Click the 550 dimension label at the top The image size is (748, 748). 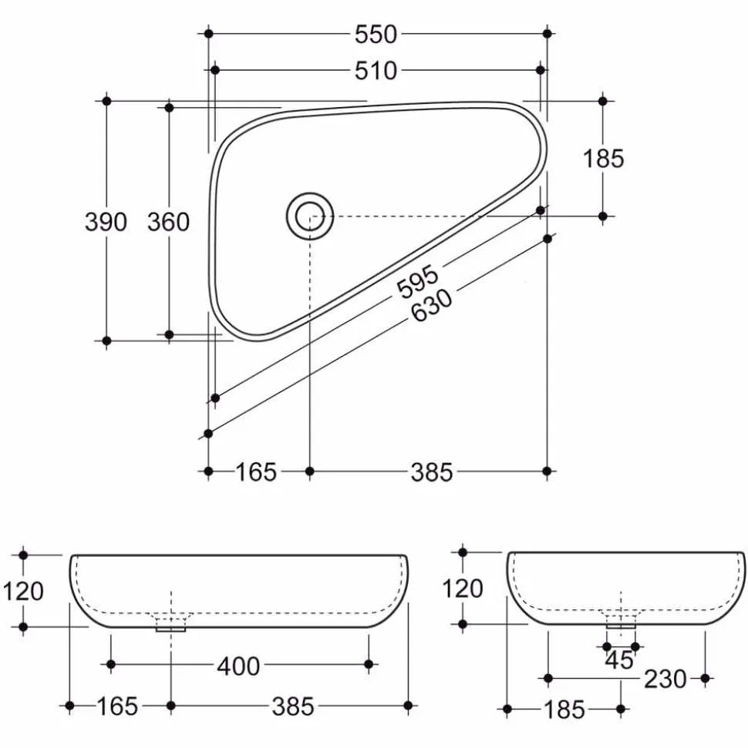click(x=376, y=35)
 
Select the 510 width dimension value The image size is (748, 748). click(x=376, y=71)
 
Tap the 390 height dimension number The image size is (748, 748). click(x=106, y=222)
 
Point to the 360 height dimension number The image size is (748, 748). click(x=169, y=222)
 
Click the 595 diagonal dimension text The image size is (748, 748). click(x=418, y=281)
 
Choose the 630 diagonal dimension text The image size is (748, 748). click(x=432, y=305)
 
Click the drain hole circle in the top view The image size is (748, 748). click(x=310, y=216)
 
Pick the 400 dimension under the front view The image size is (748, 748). click(x=238, y=666)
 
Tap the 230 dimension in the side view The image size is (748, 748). click(x=665, y=679)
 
